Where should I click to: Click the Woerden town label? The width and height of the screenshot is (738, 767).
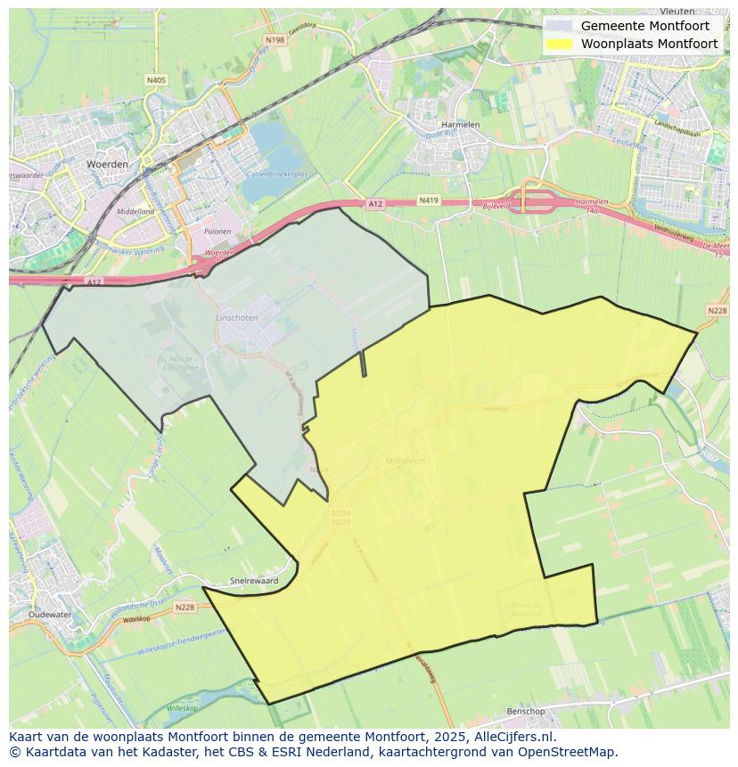tap(107, 165)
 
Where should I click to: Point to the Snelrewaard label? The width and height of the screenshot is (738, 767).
tap(254, 580)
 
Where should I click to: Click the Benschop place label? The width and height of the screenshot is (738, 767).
tap(525, 711)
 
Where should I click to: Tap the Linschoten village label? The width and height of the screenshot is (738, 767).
tap(236, 317)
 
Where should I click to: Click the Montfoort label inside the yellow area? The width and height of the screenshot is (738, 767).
tap(406, 461)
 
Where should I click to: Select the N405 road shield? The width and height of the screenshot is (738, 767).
tap(156, 80)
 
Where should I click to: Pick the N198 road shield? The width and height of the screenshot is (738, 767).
tap(275, 40)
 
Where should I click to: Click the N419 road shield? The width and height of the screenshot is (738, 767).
tap(429, 202)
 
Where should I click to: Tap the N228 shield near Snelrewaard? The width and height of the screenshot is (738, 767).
tap(184, 607)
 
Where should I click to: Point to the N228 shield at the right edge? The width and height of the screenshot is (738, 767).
tap(717, 310)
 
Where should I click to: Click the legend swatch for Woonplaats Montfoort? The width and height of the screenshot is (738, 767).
tap(560, 44)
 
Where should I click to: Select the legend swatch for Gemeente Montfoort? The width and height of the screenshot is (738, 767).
tap(560, 26)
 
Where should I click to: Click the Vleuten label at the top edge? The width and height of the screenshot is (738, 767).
tap(677, 12)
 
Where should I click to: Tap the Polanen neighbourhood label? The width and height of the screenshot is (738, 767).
tap(217, 231)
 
